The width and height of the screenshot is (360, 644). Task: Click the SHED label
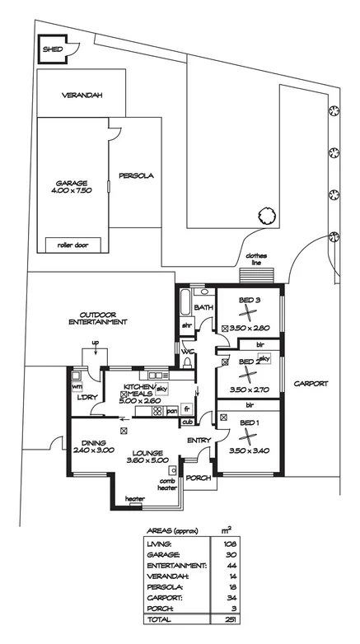(x=53, y=49)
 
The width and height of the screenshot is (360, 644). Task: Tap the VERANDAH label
(x=82, y=96)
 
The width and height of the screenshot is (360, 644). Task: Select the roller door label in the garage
(x=72, y=245)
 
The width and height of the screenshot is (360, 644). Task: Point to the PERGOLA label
(x=136, y=175)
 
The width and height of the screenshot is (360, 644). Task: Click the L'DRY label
(x=86, y=398)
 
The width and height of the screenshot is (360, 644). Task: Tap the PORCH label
(x=199, y=478)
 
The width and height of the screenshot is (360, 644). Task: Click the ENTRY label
(x=199, y=441)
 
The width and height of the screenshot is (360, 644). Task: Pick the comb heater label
(x=167, y=484)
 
